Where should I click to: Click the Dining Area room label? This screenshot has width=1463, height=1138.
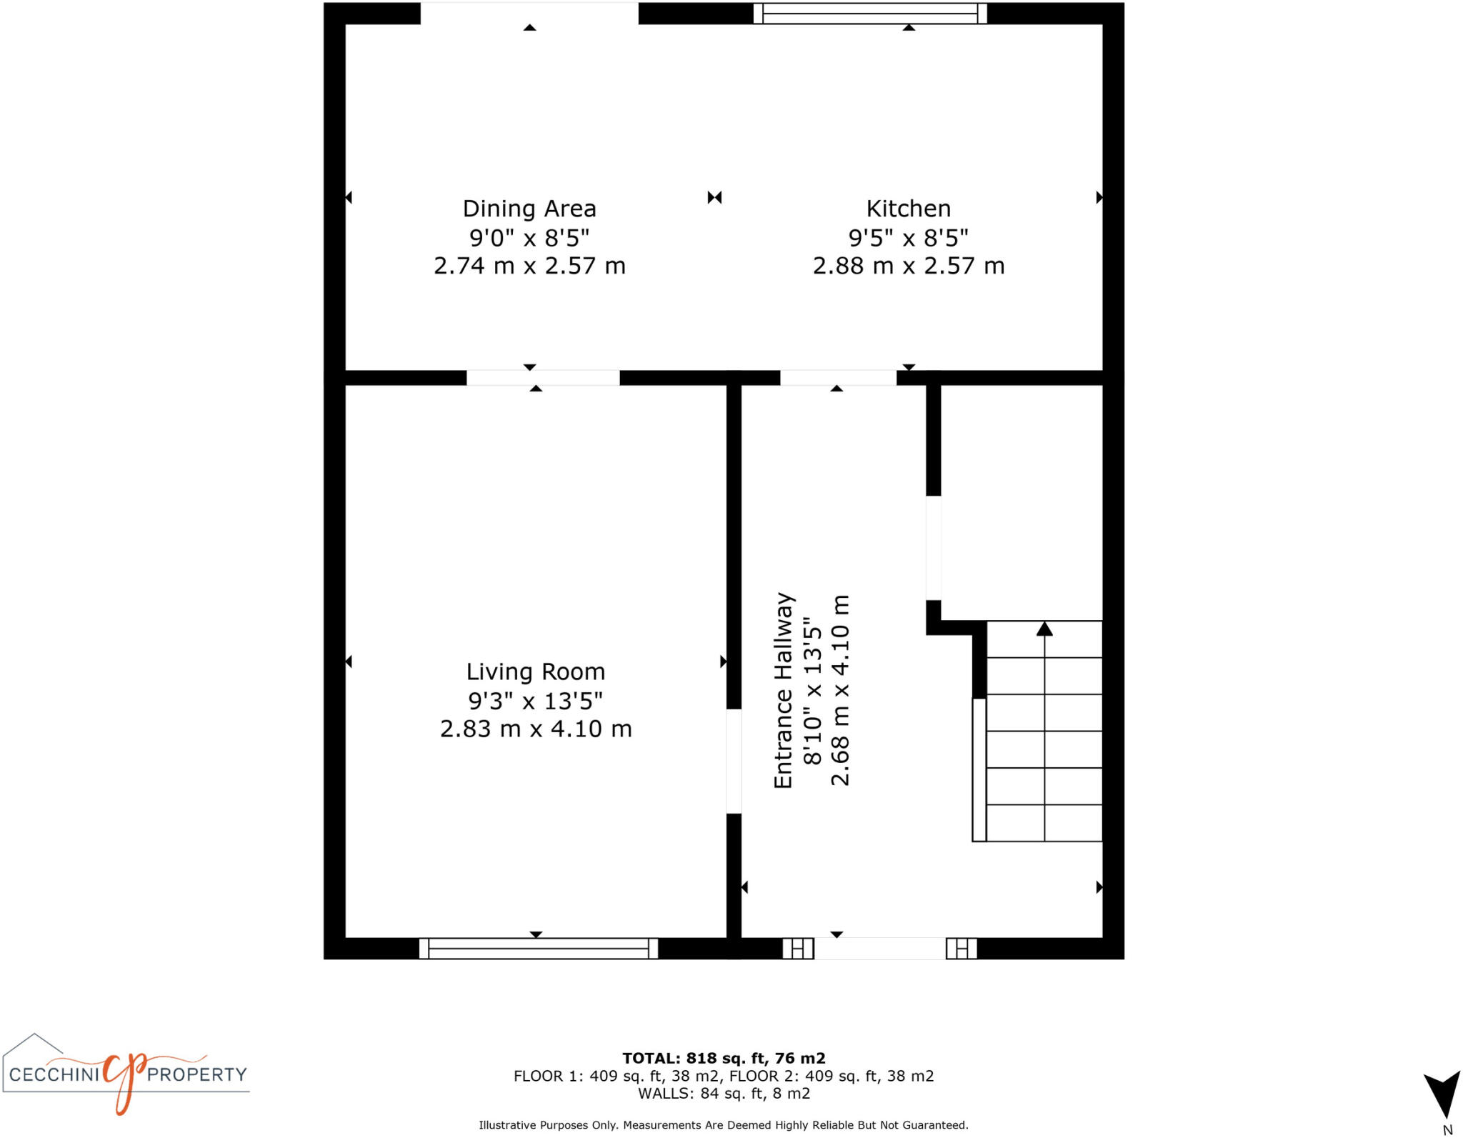(529, 209)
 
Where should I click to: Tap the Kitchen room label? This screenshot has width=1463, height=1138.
(908, 209)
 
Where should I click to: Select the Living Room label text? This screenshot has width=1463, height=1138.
(535, 672)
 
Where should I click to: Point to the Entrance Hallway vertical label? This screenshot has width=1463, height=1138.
(784, 690)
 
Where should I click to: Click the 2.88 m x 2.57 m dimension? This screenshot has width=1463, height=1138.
(908, 266)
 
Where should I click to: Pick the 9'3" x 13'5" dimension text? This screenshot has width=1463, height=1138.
(535, 701)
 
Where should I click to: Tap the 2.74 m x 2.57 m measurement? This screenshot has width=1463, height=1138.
(529, 266)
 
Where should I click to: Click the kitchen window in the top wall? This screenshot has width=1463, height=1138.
(870, 14)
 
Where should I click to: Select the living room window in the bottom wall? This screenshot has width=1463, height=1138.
(538, 948)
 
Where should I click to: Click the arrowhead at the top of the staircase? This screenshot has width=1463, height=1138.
(1044, 629)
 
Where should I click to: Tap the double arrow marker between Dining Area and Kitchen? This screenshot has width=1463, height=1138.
(714, 197)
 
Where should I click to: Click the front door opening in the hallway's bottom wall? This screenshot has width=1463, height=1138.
(879, 948)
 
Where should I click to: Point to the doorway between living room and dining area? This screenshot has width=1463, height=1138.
(543, 378)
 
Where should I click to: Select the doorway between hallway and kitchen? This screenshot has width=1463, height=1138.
(838, 378)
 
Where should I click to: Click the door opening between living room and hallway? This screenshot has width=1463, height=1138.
(734, 761)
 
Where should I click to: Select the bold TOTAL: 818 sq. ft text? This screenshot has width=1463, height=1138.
(724, 1058)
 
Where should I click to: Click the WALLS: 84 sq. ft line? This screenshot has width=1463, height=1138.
(724, 1093)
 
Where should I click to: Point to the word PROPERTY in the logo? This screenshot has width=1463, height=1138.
(196, 1074)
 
